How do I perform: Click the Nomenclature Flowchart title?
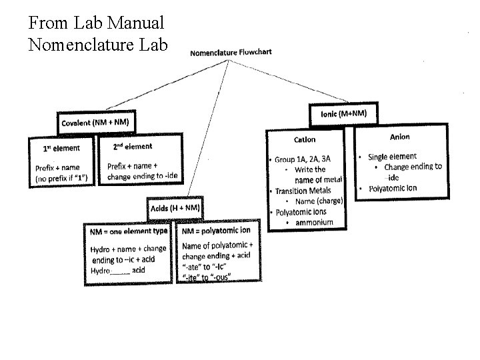(231, 52)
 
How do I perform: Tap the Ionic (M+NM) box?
(343, 113)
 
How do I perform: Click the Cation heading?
(305, 139)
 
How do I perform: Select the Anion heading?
(400, 137)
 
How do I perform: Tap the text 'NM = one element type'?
(128, 231)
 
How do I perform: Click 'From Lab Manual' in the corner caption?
(96, 24)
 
